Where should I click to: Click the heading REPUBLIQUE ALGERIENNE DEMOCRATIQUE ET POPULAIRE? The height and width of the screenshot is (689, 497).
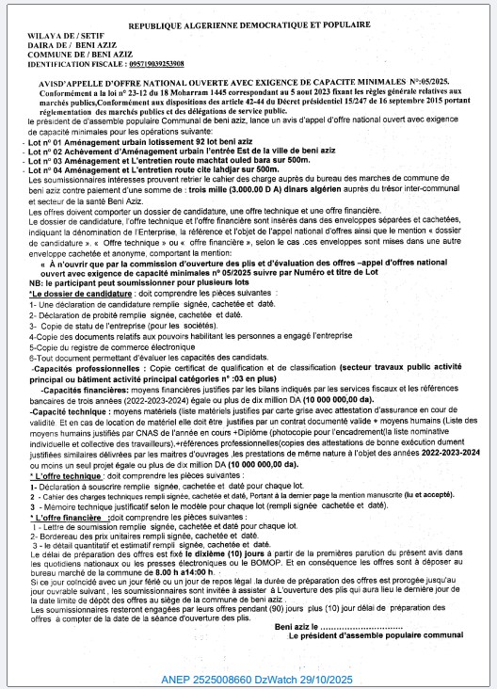coord(248,29)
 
